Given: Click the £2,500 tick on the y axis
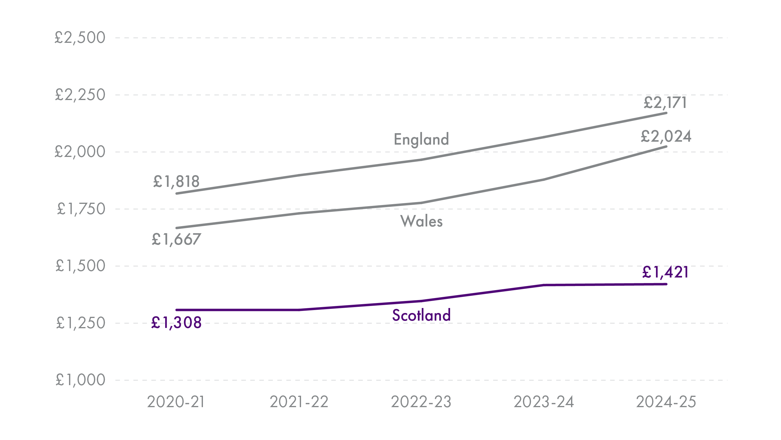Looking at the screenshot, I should [80, 38].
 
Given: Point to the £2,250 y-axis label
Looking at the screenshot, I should [80, 95].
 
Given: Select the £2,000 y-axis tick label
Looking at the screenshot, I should [80, 152].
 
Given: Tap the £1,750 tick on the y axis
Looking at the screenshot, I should [81, 209].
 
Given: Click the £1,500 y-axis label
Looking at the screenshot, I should [80, 266].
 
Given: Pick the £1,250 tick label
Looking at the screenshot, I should [81, 323].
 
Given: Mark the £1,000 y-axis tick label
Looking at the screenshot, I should [80, 380].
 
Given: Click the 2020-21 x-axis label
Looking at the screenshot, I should [176, 402].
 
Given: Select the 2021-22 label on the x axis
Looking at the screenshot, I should [299, 402].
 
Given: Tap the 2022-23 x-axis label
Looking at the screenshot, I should [421, 402].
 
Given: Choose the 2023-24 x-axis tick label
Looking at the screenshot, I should [544, 402].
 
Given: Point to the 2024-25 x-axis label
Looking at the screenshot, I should [666, 402].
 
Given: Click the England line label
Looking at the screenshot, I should [421, 139].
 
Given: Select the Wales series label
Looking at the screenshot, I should [421, 221].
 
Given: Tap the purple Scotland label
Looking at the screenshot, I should [421, 315].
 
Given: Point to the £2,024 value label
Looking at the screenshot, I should [666, 137].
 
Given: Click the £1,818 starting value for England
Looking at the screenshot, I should [176, 182].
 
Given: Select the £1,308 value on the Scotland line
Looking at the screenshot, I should [176, 323].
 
